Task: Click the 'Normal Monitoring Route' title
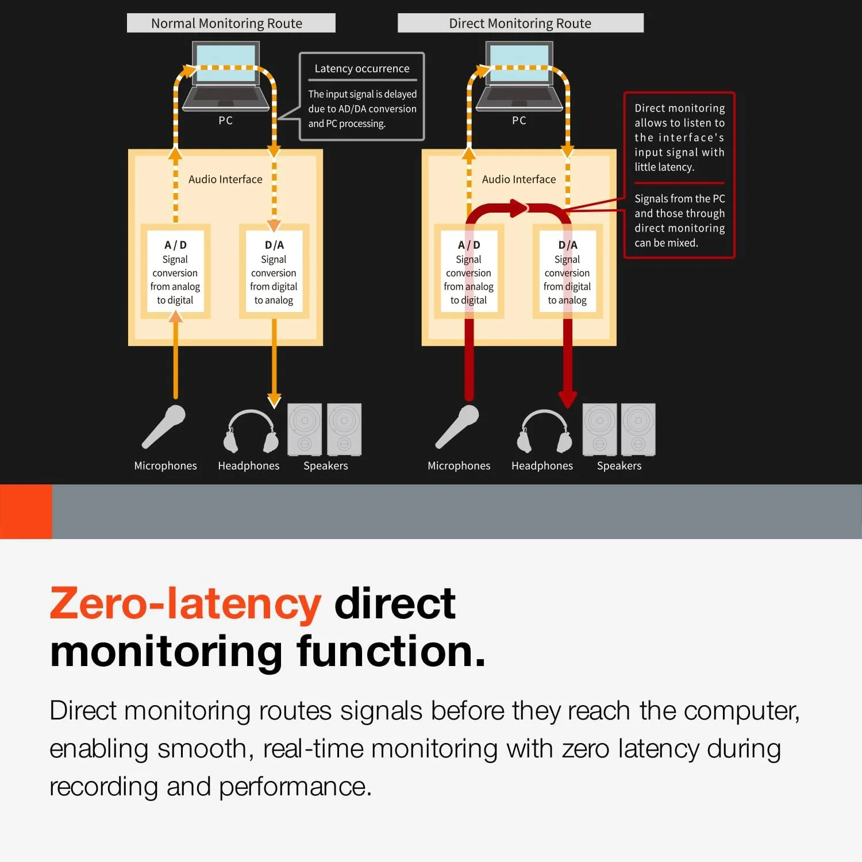[226, 24]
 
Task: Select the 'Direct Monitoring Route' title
[519, 24]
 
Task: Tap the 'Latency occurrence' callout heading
[362, 68]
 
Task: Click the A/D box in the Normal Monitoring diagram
[175, 271]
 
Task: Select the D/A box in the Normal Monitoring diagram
[274, 271]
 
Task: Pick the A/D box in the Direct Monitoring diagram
[469, 271]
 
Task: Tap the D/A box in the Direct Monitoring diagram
[567, 271]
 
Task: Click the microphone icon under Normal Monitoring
[164, 426]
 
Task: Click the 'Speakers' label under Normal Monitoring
[325, 465]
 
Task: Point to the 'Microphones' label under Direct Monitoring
[459, 465]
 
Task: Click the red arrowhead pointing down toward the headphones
[568, 399]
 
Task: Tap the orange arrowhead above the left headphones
[274, 399]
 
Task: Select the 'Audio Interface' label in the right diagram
[518, 179]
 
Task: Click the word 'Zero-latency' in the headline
[185, 604]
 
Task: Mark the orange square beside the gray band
[26, 511]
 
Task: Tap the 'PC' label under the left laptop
[225, 121]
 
